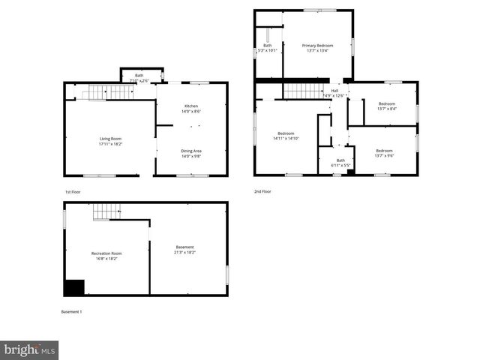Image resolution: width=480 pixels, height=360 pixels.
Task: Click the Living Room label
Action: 110,138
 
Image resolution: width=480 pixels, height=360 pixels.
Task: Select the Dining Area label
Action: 191,151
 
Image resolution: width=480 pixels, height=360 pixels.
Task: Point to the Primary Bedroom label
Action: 317,46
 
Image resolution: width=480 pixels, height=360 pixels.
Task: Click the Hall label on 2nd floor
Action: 334,91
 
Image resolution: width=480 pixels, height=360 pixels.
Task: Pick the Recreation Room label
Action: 106,253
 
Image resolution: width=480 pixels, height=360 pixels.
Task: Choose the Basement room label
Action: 184,247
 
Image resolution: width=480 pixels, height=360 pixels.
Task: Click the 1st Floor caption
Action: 73,192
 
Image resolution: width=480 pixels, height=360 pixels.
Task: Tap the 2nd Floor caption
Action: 262,191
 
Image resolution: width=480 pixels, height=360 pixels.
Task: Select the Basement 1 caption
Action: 71,311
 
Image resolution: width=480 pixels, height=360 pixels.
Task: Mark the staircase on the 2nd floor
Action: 301,91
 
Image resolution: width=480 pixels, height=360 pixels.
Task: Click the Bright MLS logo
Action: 29,349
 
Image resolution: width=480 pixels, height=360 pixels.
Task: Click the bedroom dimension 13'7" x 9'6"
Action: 383,155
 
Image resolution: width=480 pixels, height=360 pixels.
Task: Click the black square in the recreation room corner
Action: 73,287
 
